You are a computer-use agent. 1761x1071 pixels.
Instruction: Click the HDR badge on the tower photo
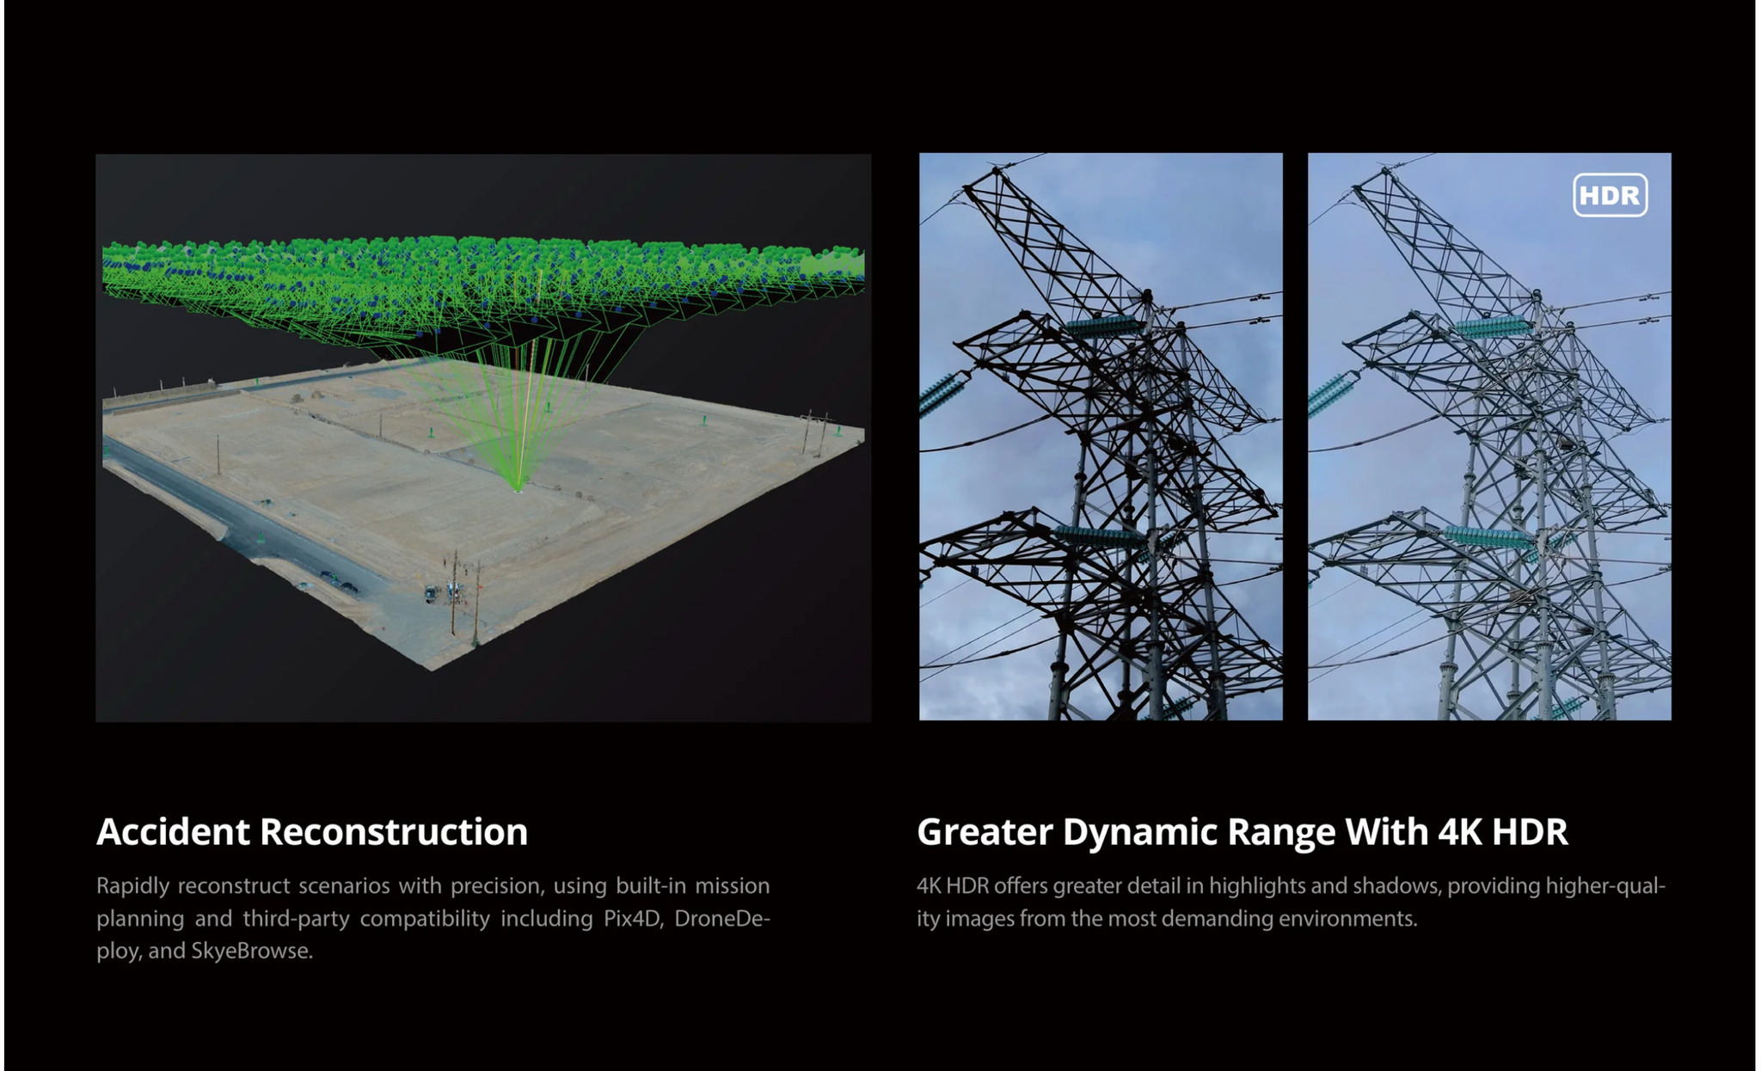click(1610, 195)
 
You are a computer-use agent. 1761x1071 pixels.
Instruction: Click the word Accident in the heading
click(173, 831)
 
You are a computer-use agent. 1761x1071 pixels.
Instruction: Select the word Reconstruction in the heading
click(394, 831)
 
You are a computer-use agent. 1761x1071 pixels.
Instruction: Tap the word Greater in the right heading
click(984, 831)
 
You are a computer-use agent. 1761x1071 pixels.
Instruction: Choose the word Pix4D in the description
click(632, 918)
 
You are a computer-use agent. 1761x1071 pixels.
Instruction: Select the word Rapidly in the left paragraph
click(132, 886)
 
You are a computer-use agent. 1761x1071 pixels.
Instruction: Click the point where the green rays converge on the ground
click(518, 489)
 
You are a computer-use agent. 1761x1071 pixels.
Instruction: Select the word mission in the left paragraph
click(732, 885)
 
